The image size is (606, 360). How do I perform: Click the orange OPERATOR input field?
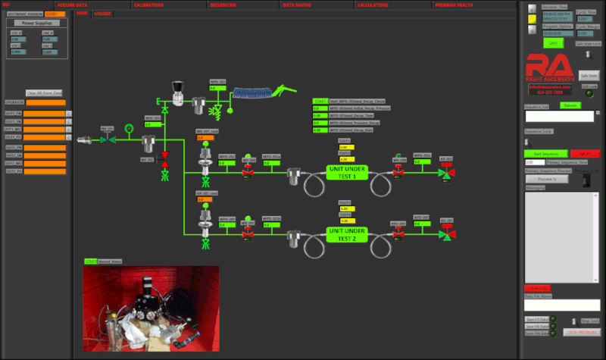[x=45, y=102]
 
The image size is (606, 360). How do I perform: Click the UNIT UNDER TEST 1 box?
[x=347, y=171]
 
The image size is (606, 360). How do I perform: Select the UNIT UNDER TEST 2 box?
[x=347, y=234]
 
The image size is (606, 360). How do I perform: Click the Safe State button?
[x=588, y=76]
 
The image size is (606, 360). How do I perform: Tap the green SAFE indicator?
[x=552, y=43]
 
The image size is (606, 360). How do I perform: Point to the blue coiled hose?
[x=250, y=94]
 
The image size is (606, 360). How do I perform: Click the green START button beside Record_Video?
[x=91, y=261]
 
